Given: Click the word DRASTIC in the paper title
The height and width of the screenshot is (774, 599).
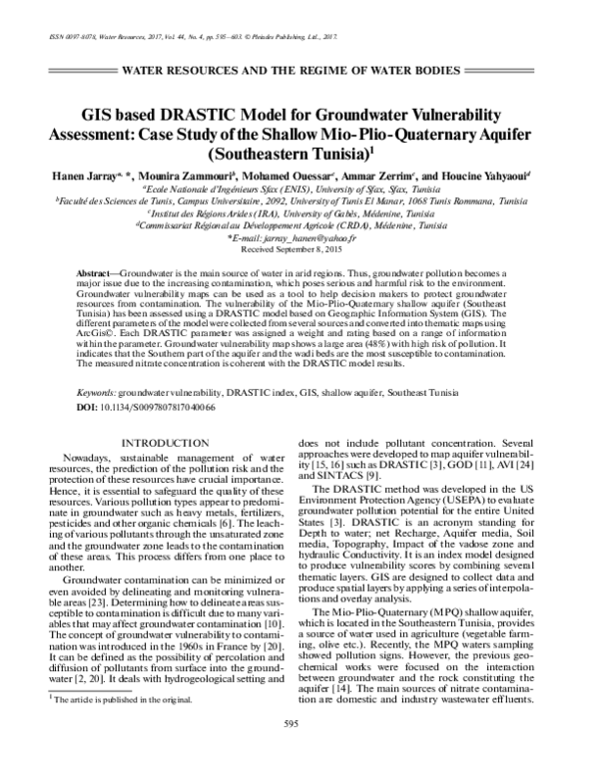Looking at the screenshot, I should [237, 115].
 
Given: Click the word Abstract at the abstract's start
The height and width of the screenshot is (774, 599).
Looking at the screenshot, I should [98, 272].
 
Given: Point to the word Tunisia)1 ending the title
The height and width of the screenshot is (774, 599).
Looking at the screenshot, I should [345, 154].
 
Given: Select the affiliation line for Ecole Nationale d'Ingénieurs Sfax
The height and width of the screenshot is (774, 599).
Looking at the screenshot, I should [299, 188].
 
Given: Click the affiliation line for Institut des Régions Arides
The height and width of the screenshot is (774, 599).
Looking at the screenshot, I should [299, 213].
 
